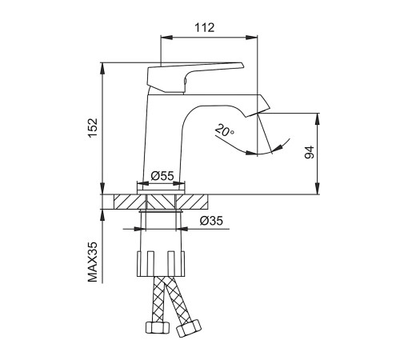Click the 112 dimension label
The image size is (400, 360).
[205, 28]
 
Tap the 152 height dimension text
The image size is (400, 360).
[94, 128]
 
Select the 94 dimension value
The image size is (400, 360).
[310, 153]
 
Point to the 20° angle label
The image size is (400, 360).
[225, 130]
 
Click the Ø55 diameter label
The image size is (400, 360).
[162, 176]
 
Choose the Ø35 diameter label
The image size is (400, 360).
[211, 221]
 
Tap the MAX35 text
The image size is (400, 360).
[93, 262]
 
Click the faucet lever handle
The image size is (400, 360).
[195, 78]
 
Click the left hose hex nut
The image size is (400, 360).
[158, 327]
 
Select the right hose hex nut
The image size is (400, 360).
[189, 329]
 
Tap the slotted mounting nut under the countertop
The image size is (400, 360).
[161, 263]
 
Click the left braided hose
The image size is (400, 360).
[159, 299]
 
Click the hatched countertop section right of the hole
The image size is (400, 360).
[192, 202]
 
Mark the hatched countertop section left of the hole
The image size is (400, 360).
[130, 202]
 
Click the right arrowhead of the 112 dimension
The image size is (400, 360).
[252, 37]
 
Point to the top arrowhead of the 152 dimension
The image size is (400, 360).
[102, 69]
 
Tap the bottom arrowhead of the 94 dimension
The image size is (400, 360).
[317, 189]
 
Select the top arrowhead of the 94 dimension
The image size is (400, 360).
[317, 119]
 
